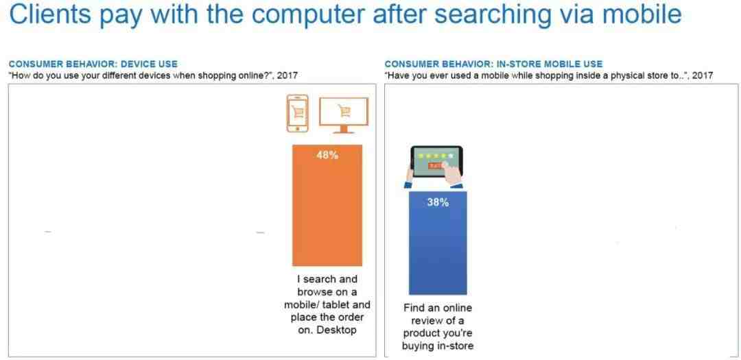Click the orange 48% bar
pyautogui.click(x=327, y=206)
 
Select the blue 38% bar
pyautogui.click(x=438, y=243)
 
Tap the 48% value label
pyautogui.click(x=327, y=155)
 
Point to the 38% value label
pyautogui.click(x=438, y=202)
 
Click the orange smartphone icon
pyautogui.click(x=297, y=113)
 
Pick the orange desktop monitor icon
pyautogui.click(x=344, y=115)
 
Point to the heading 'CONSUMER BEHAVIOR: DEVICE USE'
pyautogui.click(x=93, y=64)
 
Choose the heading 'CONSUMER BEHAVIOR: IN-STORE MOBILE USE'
pyautogui.click(x=493, y=64)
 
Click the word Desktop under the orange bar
pyautogui.click(x=336, y=330)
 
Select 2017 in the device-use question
pyautogui.click(x=287, y=75)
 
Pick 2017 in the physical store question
pyautogui.click(x=703, y=75)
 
